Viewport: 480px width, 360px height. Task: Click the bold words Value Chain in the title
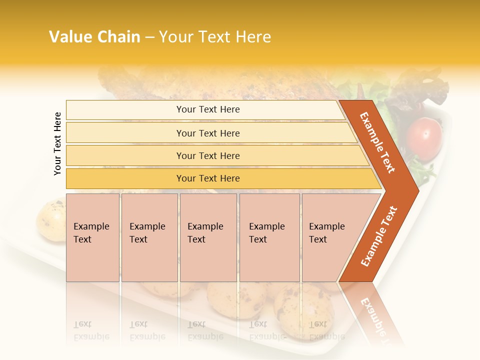click(x=94, y=37)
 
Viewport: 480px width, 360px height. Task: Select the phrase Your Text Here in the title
click(x=215, y=37)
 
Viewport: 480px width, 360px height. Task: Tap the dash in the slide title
click(x=149, y=37)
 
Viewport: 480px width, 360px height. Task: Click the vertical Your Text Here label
click(x=57, y=143)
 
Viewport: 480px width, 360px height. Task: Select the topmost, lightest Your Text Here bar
click(x=208, y=109)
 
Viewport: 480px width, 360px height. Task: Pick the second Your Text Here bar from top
click(x=208, y=133)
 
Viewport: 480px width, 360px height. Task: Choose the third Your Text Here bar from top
click(x=208, y=155)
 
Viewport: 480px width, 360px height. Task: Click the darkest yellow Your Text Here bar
click(x=208, y=178)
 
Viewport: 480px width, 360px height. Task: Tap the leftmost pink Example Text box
click(x=92, y=237)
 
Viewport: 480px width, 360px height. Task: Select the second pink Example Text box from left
click(x=149, y=237)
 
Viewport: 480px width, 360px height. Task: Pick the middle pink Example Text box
click(x=208, y=237)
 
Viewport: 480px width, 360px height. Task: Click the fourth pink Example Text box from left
click(x=269, y=237)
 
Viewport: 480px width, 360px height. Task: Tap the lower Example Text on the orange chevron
click(x=379, y=236)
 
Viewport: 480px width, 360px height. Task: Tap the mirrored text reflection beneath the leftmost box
click(x=91, y=330)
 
